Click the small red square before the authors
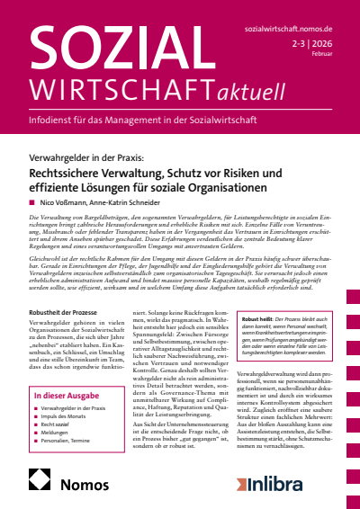click(x=31, y=204)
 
